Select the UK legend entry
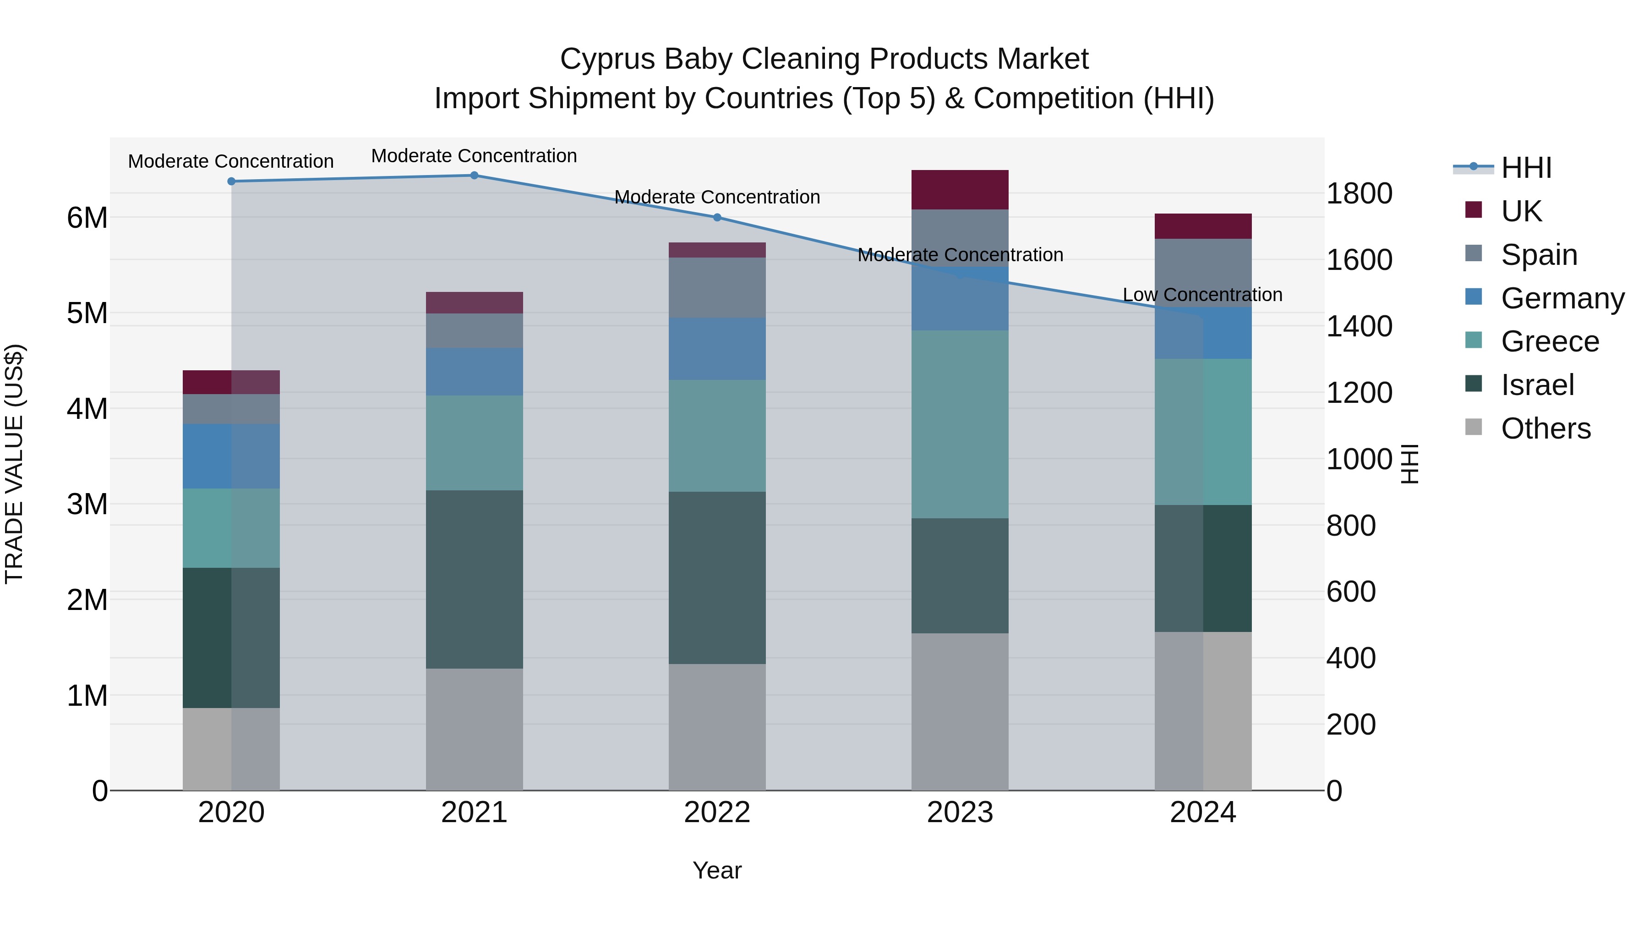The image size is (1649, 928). (1520, 211)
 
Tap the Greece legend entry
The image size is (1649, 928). (1549, 341)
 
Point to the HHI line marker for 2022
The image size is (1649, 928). (717, 218)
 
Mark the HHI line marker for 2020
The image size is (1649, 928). (232, 181)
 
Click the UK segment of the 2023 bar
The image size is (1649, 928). (960, 190)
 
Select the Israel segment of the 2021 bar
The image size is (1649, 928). (475, 580)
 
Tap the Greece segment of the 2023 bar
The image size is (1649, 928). (960, 424)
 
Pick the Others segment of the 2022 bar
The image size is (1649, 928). (717, 727)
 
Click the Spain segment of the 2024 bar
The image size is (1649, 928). (1203, 273)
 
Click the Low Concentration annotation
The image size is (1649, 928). (1202, 295)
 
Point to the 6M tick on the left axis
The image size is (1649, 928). (87, 218)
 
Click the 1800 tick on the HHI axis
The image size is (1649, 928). (1359, 193)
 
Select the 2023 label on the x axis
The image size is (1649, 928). (960, 813)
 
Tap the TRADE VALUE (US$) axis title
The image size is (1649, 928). (15, 464)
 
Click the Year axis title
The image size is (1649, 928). (717, 870)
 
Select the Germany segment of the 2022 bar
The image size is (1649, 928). (717, 349)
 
